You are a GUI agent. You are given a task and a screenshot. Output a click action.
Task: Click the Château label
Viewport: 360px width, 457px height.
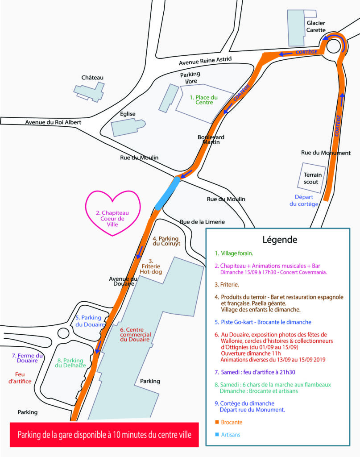(92, 78)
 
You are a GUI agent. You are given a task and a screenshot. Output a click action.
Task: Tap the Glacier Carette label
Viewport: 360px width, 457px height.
(316, 26)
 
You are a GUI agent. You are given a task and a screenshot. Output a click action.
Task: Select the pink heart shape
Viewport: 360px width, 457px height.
(113, 213)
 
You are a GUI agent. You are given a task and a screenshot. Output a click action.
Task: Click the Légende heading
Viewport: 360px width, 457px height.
(280, 240)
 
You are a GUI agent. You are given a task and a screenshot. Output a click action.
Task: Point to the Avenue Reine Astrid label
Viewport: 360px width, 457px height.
(205, 61)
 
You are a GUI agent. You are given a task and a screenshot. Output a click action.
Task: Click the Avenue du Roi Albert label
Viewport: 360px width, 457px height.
(53, 122)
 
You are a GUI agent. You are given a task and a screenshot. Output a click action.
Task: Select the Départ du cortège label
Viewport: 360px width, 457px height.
(304, 200)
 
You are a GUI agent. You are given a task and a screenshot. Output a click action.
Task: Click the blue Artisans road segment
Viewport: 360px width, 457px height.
(167, 193)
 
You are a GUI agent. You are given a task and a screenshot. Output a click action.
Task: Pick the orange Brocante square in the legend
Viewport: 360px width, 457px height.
(217, 422)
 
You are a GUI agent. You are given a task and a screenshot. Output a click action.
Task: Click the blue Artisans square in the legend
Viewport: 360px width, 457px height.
(217, 435)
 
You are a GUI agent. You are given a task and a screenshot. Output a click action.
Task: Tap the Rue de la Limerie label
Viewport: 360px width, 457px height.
(203, 222)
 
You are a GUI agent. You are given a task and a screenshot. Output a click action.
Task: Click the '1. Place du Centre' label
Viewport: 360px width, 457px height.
(204, 100)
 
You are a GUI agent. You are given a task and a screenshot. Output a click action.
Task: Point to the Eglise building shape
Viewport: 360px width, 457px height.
(128, 127)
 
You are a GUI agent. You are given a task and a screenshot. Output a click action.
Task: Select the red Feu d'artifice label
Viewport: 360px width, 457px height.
(20, 378)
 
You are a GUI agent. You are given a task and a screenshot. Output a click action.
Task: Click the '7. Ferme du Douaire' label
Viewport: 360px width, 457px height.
(27, 358)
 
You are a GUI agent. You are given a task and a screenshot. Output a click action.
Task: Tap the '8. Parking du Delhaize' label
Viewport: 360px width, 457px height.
(70, 363)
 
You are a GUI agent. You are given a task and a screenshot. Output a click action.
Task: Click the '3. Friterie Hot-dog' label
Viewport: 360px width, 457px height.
(151, 266)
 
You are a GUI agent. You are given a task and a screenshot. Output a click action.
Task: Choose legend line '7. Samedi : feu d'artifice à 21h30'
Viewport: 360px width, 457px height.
(255, 372)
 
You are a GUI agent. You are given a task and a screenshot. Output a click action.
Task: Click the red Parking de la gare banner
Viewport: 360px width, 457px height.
(104, 435)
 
